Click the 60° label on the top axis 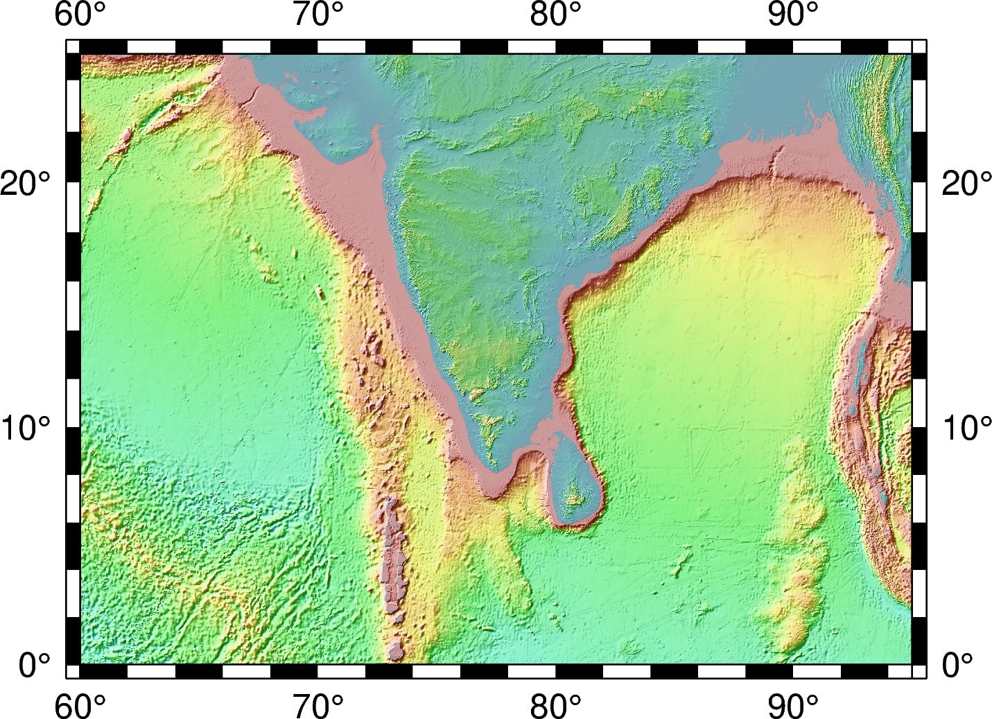[80, 15]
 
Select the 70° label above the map [318, 15]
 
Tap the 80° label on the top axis [555, 15]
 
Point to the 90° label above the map [793, 15]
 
